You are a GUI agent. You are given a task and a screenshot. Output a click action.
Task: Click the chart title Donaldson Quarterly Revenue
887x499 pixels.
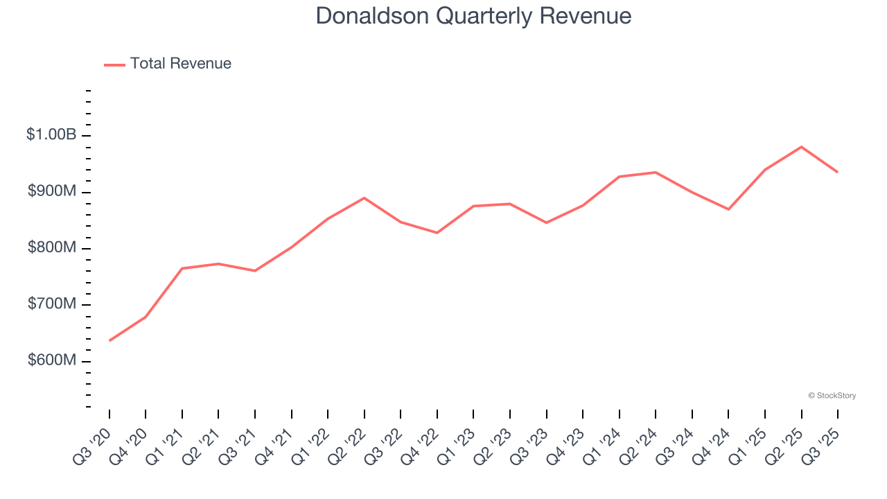pyautogui.click(x=473, y=16)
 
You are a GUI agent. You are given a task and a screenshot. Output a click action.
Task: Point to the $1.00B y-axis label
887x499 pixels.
pyautogui.click(x=51, y=135)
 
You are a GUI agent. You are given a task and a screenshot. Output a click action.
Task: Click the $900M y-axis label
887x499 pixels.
pyautogui.click(x=52, y=192)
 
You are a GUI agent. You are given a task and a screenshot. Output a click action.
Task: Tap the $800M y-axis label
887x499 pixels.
pyautogui.click(x=52, y=248)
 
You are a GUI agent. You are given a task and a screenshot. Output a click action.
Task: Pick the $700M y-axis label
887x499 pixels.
pyautogui.click(x=52, y=305)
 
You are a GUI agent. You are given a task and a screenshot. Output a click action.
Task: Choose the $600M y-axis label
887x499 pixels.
pyautogui.click(x=52, y=361)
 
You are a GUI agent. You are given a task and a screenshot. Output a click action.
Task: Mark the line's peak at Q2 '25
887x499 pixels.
pyautogui.click(x=801, y=147)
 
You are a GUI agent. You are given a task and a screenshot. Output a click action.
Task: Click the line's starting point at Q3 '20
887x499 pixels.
pyautogui.click(x=109, y=340)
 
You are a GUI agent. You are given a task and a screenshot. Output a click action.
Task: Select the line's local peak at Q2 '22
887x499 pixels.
pyautogui.click(x=365, y=198)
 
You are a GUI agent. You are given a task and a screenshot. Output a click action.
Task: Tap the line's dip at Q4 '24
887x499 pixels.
pyautogui.click(x=728, y=209)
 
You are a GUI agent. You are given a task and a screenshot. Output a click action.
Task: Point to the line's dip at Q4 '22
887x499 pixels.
pyautogui.click(x=437, y=233)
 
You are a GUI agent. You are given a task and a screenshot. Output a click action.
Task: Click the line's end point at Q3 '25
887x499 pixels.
pyautogui.click(x=837, y=172)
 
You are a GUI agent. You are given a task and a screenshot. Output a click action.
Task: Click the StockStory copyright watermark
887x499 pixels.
pyautogui.click(x=832, y=396)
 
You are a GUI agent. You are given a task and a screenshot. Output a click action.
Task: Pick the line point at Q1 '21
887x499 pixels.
pyautogui.click(x=182, y=268)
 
